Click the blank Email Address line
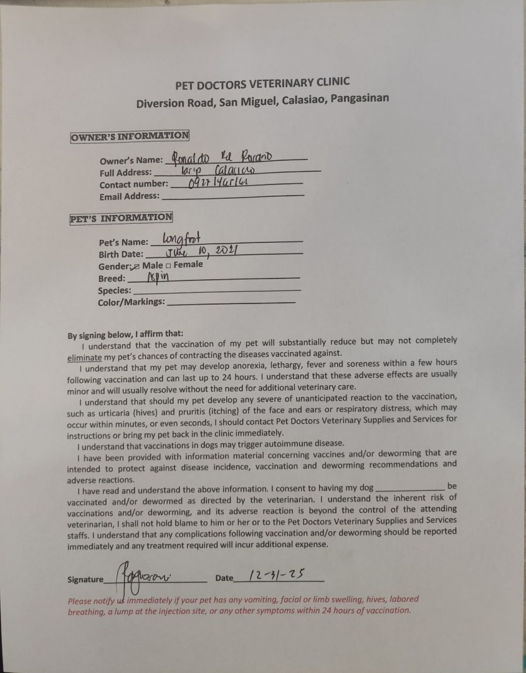tap(232, 196)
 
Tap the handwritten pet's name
tap(184, 237)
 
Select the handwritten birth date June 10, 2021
tap(199, 252)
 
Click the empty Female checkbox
tap(168, 265)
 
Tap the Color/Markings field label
tap(131, 302)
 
